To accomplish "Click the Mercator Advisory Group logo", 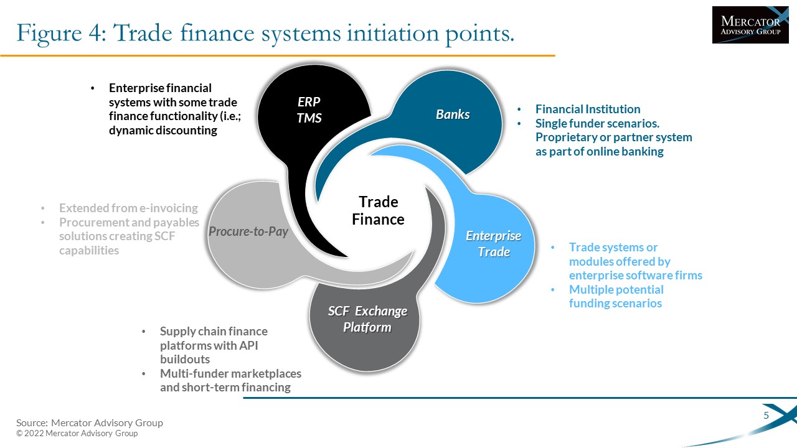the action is click(x=750, y=25).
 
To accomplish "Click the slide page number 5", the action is click(x=766, y=415).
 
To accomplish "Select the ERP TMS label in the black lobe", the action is click(x=309, y=110).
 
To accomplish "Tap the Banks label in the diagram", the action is click(x=453, y=114).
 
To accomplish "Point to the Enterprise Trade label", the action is click(x=494, y=244).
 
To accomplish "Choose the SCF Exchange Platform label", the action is click(x=367, y=319).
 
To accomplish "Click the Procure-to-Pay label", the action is click(x=248, y=232).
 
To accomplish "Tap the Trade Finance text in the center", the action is click(x=378, y=210).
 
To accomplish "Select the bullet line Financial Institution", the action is click(x=588, y=109).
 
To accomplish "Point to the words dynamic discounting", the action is click(x=163, y=131).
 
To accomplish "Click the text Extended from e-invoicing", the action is click(x=128, y=208).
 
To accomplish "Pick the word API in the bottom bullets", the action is click(x=248, y=345).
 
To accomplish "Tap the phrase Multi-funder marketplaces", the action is click(x=230, y=374).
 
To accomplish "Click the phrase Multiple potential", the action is click(x=616, y=290).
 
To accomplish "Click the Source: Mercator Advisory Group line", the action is click(x=89, y=422).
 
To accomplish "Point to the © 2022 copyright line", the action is click(x=77, y=434).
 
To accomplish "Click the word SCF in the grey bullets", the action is click(x=164, y=236).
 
